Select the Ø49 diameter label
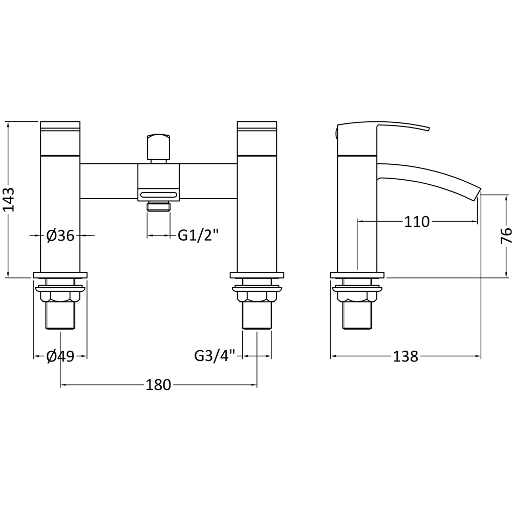60,356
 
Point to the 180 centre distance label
158,385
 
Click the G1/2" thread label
198,236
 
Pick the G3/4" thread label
215,356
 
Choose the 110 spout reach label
417,222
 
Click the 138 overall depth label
406,356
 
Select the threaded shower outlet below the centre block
159,206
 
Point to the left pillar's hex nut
60,295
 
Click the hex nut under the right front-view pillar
257,295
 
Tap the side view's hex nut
357,295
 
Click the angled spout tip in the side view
477,193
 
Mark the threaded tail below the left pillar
60,315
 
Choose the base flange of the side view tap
357,274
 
